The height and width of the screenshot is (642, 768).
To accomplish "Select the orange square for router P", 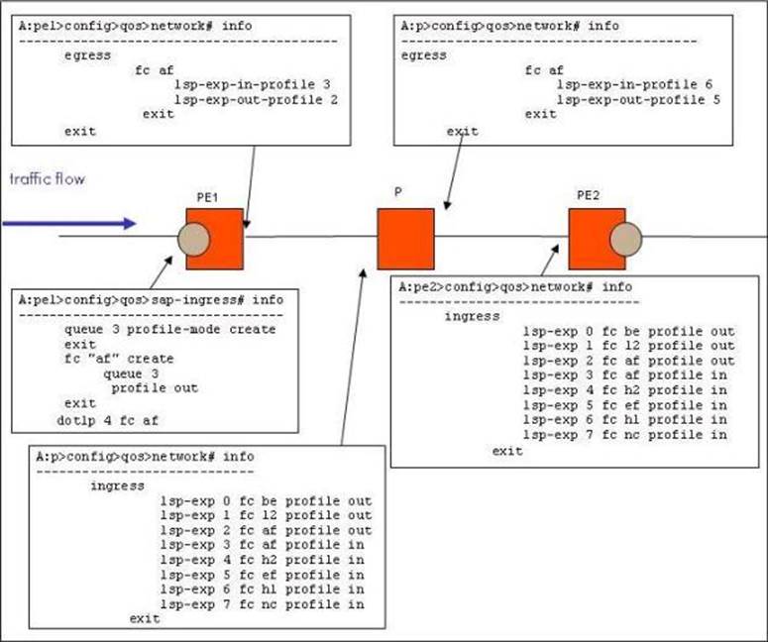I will click(405, 238).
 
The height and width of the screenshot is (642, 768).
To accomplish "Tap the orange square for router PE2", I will click(596, 239).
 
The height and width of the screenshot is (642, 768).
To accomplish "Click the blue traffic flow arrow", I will click(69, 223).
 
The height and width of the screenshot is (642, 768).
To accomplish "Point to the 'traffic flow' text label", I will click(48, 179).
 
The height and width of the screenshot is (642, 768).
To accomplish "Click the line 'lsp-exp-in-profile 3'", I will click(252, 84).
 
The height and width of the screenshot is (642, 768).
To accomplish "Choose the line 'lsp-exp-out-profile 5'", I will click(637, 99).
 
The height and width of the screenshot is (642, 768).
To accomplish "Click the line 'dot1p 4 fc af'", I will click(109, 419).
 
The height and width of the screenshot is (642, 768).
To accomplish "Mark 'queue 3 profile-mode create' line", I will click(169, 329).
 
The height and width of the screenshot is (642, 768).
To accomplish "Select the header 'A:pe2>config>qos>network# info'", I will click(515, 286).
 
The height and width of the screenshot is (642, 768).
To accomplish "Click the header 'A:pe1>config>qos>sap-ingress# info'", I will click(150, 299).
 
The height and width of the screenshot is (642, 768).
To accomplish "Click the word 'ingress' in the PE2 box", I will click(472, 316).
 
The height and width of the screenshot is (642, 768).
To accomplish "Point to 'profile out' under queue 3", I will click(154, 388).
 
